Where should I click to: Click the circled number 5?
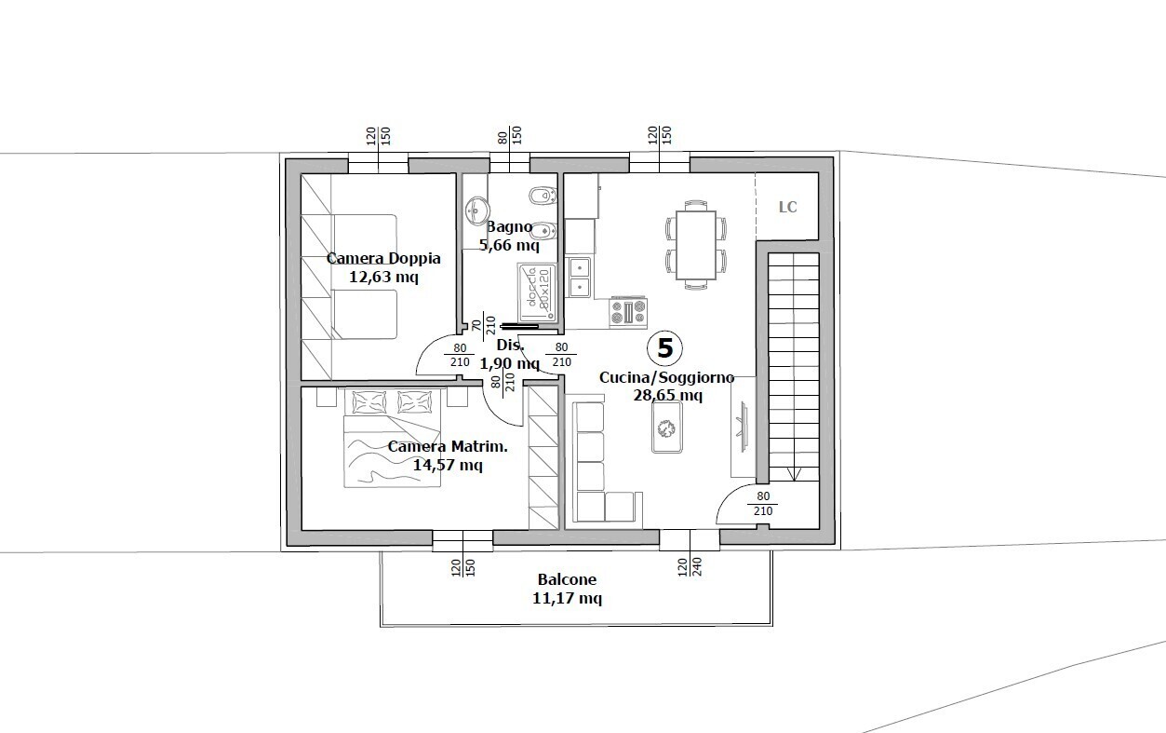[x=665, y=348]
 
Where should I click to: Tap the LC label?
[x=787, y=208]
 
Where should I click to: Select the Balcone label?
[x=567, y=579]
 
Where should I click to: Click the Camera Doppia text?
[x=383, y=258]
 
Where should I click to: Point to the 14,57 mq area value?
[x=448, y=465]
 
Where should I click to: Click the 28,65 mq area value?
[x=668, y=396]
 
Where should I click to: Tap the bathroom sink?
[x=476, y=210]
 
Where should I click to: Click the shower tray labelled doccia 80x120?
[x=537, y=292]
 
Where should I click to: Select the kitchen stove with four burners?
[x=628, y=312]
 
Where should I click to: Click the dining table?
[x=696, y=245]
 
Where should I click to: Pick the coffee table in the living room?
[x=667, y=427]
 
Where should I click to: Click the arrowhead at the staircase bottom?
[x=794, y=475]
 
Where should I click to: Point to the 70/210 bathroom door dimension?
[x=483, y=326]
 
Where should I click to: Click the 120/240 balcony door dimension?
[x=690, y=567]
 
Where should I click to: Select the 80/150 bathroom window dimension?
[x=510, y=136]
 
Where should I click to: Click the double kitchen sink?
[x=579, y=277]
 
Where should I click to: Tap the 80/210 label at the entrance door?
[x=763, y=504]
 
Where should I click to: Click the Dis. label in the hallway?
[x=510, y=345]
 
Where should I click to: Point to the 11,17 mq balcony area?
[x=567, y=598]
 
